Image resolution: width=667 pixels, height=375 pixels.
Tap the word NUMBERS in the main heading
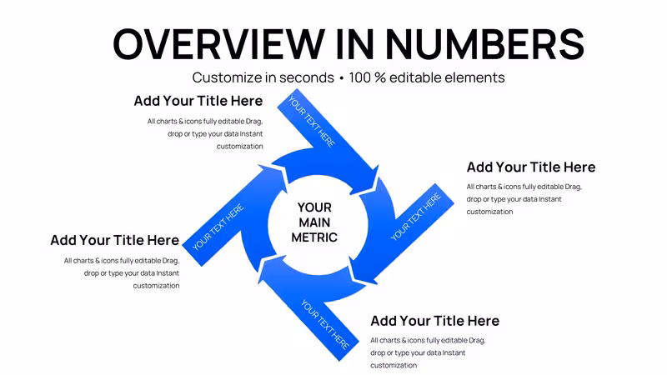coord(485,44)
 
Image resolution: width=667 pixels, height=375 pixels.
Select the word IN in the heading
coord(355,44)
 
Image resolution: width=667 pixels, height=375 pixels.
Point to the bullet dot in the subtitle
coord(341,78)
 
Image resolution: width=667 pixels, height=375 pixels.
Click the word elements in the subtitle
coord(474,77)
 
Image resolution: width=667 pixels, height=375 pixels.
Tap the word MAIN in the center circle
coord(314,222)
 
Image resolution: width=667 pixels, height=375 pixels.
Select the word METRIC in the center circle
coord(314,237)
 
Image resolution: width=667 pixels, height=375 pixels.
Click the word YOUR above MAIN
coord(314,207)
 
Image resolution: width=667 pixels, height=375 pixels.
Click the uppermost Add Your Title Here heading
coord(198,101)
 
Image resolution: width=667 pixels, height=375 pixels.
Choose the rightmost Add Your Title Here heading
coord(531,167)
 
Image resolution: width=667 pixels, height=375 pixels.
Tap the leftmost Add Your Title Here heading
coord(115,240)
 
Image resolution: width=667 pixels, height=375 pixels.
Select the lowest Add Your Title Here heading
coord(434,321)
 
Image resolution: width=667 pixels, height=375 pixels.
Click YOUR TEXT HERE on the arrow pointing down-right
coord(312,122)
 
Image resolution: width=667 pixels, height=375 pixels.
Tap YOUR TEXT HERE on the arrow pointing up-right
coord(218,227)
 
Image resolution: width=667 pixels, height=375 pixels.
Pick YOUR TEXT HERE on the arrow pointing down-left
coord(416,217)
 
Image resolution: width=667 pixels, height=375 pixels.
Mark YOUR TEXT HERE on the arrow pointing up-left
coord(324,324)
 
